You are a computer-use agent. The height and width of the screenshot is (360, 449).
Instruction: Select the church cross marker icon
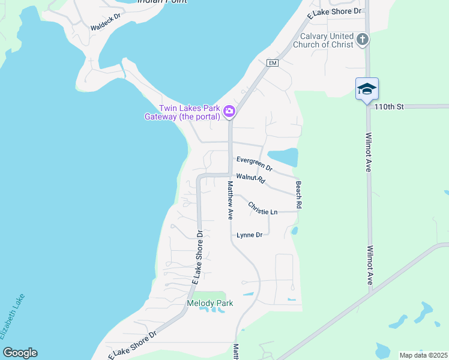point(362,40)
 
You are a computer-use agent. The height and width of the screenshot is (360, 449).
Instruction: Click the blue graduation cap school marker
point(367,89)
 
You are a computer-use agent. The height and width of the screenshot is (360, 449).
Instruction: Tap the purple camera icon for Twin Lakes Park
point(229,111)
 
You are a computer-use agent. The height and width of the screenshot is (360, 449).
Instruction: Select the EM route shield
point(273,63)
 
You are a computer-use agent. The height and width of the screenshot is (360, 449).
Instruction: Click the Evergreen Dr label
point(254,164)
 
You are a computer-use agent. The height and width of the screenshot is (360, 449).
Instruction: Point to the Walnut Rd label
point(251,178)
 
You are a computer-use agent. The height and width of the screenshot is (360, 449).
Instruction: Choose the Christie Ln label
point(263,208)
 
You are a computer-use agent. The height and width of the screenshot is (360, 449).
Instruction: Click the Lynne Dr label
point(250,235)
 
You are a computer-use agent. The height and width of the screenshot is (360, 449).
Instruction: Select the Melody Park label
point(209,303)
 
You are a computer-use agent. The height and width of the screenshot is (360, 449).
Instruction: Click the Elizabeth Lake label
point(13,318)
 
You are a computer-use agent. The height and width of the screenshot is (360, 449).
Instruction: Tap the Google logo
point(20,353)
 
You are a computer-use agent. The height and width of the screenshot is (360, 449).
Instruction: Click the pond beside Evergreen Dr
point(283,157)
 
